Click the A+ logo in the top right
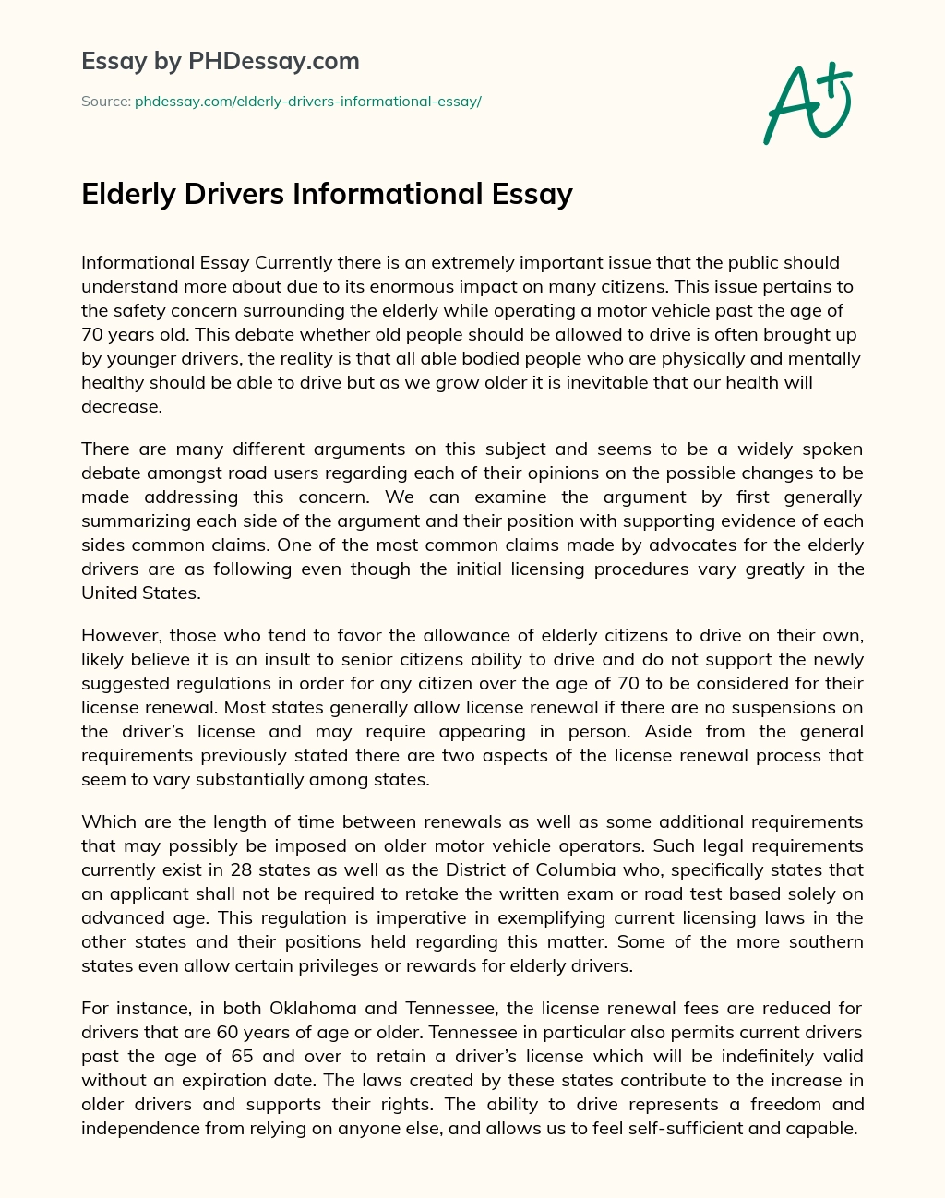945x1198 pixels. point(807,103)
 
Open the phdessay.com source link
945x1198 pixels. point(308,102)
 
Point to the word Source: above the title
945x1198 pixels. point(106,102)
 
